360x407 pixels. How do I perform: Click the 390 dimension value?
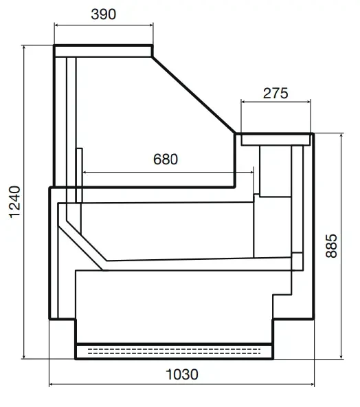pos(103,14)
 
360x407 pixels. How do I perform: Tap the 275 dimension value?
pos(275,93)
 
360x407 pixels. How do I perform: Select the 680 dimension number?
pos(166,159)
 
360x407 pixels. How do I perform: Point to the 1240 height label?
pos(14,202)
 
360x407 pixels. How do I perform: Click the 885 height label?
pos(331,246)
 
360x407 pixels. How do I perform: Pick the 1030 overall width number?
pos(182,375)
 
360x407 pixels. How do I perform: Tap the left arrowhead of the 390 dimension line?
pos(56,25)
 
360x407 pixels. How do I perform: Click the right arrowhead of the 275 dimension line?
pos(308,102)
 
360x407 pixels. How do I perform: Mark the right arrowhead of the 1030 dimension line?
pos(312,384)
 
